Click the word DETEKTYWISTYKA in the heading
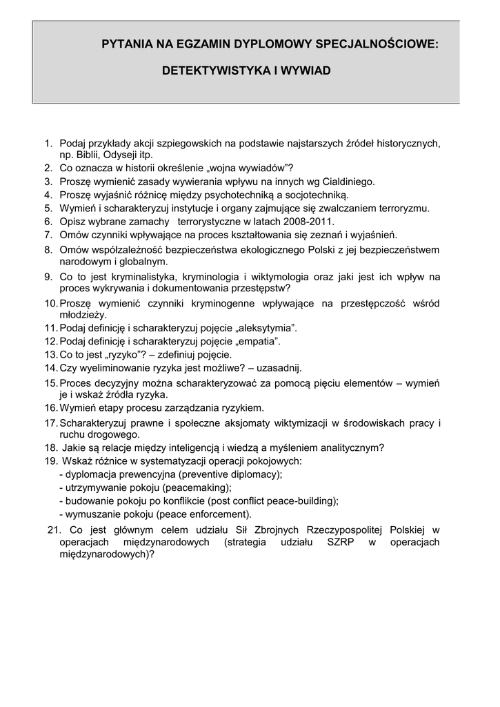tap(208, 71)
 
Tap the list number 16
tap(50, 407)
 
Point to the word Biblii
tap(85, 155)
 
